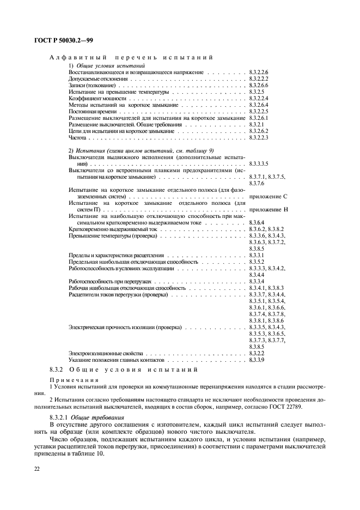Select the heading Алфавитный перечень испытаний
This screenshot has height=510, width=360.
pyautogui.click(x=131, y=57)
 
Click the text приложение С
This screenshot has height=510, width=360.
pyautogui.click(x=268, y=196)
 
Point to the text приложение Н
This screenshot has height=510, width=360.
pyautogui.click(x=268, y=209)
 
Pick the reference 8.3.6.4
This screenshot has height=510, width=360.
pyautogui.click(x=257, y=222)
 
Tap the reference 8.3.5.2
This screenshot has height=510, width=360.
pyautogui.click(x=257, y=262)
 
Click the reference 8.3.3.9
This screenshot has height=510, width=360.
pyautogui.click(x=257, y=360)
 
